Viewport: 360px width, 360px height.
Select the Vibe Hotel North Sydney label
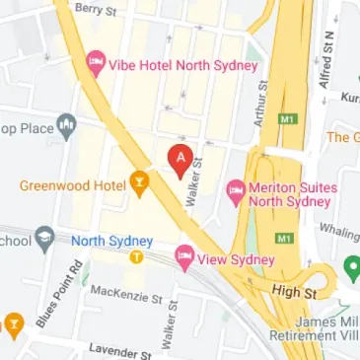click(182, 65)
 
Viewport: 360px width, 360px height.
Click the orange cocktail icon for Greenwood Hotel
click(139, 182)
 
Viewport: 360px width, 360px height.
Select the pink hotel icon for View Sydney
click(183, 258)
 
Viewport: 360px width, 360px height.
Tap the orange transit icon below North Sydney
click(137, 257)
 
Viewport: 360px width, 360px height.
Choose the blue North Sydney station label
click(111, 241)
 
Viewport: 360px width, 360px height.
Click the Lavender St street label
click(117, 351)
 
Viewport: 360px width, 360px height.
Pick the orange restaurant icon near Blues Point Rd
click(14, 323)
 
